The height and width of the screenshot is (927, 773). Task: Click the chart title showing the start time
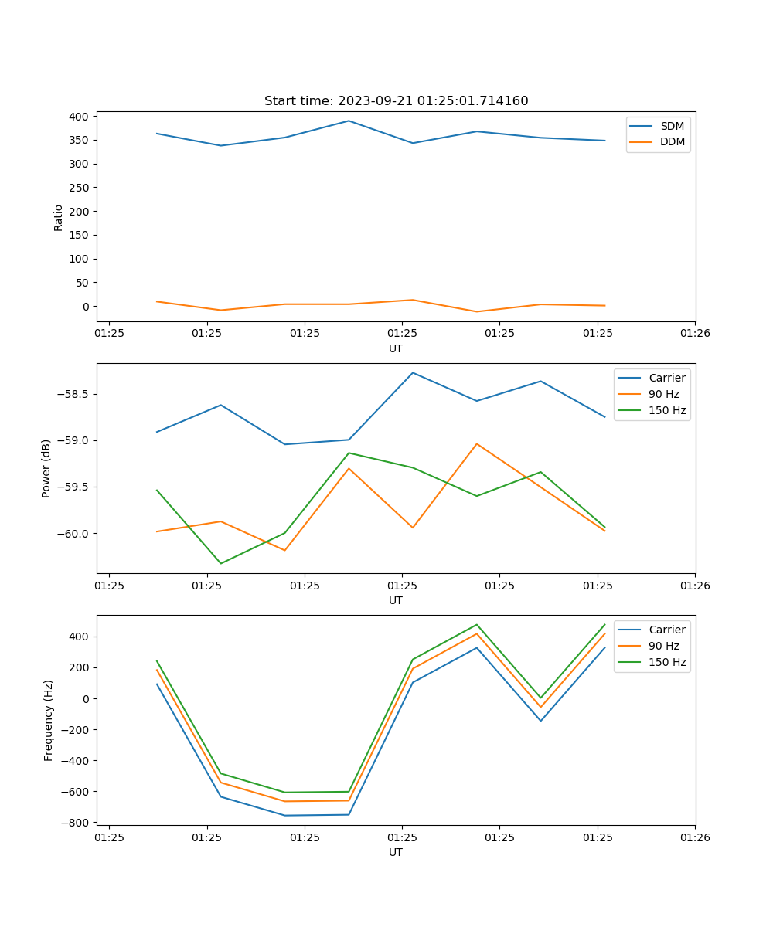click(396, 101)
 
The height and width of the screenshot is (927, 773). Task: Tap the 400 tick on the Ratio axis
click(80, 117)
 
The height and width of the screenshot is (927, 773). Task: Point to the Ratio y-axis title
click(59, 217)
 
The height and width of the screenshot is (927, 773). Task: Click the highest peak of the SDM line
click(349, 121)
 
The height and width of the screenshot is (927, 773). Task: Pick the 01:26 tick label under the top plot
click(694, 334)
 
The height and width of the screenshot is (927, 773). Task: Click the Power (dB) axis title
click(46, 468)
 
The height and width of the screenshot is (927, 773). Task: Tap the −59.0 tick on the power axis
click(73, 440)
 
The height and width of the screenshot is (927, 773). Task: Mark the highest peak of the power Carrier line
click(413, 373)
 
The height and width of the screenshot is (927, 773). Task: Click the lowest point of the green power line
click(221, 563)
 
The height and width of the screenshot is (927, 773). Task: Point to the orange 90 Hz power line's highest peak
click(477, 443)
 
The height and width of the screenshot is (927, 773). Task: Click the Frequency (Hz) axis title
click(49, 720)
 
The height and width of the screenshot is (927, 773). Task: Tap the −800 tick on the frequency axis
click(76, 823)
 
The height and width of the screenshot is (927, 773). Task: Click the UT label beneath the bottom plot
click(396, 852)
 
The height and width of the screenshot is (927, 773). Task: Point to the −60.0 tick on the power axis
click(73, 534)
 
